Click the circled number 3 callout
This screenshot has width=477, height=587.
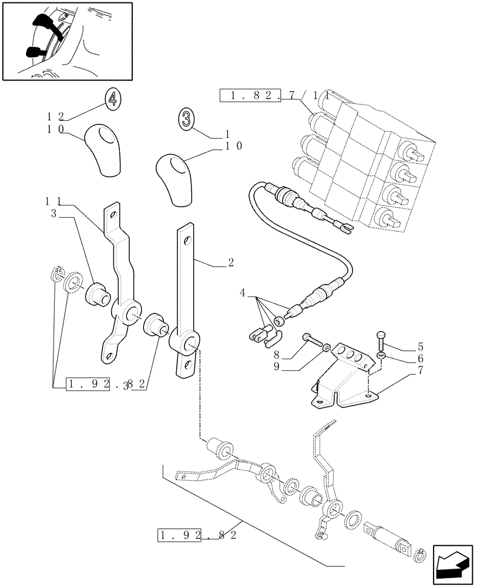point(186,120)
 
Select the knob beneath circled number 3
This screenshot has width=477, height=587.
point(173,179)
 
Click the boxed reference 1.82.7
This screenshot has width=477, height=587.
point(254,96)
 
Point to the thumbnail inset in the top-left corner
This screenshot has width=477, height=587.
point(67,41)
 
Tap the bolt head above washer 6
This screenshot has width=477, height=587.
point(379,338)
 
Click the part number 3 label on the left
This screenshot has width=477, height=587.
point(53,214)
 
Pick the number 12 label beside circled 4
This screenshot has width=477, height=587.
point(56,116)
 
